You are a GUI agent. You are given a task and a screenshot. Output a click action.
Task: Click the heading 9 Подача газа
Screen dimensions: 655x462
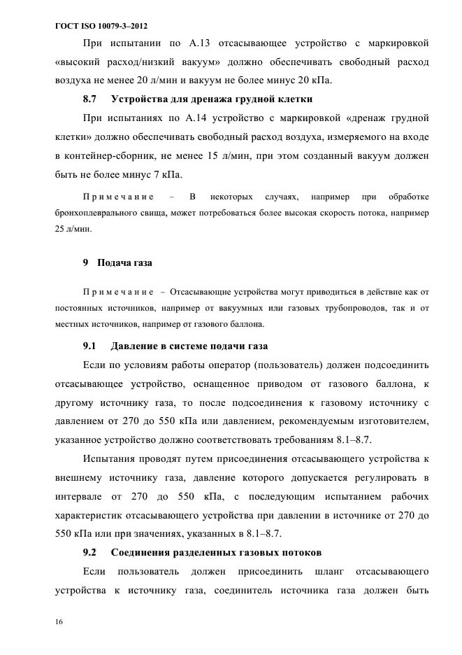point(117,263)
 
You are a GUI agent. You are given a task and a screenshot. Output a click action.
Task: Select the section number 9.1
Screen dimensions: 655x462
point(89,346)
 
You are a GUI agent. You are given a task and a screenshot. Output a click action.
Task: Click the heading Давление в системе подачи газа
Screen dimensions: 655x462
point(189,346)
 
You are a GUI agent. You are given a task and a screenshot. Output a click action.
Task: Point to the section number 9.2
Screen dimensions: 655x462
point(89,553)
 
